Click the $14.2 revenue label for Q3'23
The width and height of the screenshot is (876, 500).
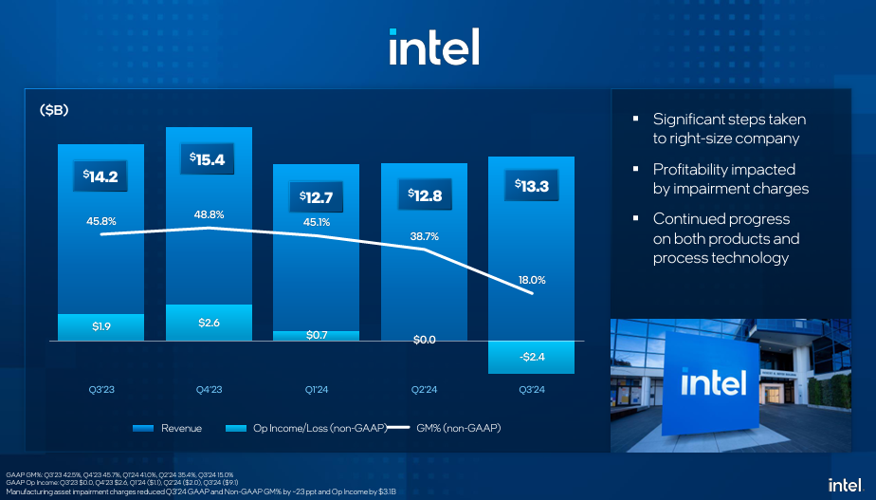tap(100, 176)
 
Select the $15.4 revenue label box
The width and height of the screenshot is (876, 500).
tap(209, 160)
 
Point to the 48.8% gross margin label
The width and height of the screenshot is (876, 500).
tap(209, 214)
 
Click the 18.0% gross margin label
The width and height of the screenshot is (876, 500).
tap(532, 280)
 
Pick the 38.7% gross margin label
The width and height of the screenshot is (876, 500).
tap(425, 237)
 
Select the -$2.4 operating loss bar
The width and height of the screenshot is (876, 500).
tap(532, 357)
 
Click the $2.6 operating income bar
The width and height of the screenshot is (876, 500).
tap(209, 323)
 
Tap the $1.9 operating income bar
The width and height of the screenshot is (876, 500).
tap(100, 327)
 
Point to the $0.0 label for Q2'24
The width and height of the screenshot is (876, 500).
tap(425, 340)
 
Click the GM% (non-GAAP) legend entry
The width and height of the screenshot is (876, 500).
tap(446, 429)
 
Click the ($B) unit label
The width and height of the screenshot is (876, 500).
tap(54, 111)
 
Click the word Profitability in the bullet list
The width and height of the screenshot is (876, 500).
tap(696, 169)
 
